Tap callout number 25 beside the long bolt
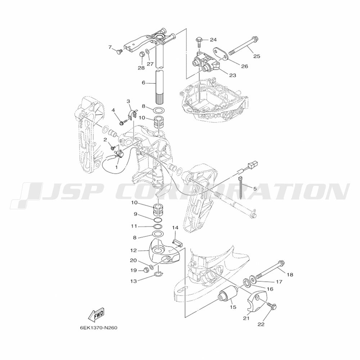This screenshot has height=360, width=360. (257, 56)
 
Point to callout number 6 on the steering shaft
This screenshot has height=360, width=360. (144, 82)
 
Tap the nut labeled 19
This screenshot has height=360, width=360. (145, 270)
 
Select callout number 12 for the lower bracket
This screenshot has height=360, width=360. (134, 251)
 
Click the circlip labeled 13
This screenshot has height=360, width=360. (159, 274)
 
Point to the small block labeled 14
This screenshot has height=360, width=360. (177, 243)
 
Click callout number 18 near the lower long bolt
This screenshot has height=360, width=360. (290, 274)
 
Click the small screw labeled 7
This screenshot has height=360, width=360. (119, 51)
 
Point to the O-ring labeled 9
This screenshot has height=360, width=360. (158, 220)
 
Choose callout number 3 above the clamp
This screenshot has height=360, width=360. (129, 101)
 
